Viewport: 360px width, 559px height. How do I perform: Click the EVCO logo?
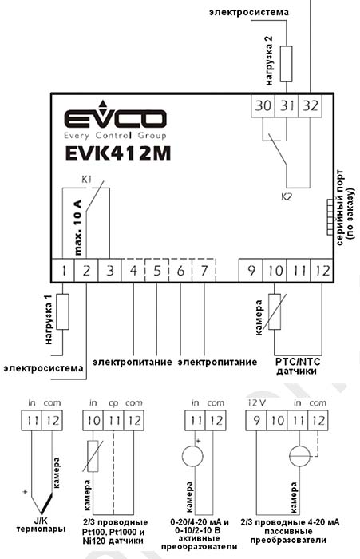(x=116, y=119)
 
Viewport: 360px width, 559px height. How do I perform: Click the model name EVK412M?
(x=118, y=153)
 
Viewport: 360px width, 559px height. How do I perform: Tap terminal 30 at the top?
(x=263, y=106)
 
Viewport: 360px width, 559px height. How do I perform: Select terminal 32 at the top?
(x=310, y=106)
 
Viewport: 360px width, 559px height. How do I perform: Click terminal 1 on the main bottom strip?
(x=63, y=271)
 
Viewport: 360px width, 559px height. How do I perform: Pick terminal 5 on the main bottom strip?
(x=156, y=271)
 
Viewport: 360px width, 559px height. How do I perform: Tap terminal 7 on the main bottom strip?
(x=204, y=271)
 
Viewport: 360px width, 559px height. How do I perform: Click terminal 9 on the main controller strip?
(x=251, y=271)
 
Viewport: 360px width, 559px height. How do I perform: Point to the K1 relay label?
(x=87, y=180)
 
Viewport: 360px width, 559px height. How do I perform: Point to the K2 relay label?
(x=287, y=196)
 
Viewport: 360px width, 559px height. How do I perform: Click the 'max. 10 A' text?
(x=78, y=228)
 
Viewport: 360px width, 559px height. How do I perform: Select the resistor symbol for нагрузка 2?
(x=287, y=64)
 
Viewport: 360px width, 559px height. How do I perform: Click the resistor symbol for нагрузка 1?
(x=63, y=311)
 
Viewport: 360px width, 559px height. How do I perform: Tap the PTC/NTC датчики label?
(x=298, y=367)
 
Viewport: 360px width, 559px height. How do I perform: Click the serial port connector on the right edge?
(x=330, y=217)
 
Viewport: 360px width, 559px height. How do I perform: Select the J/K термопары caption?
(x=42, y=525)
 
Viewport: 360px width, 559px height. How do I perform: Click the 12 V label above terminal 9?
(x=257, y=402)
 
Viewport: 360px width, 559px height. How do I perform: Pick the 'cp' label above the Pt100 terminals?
(x=113, y=403)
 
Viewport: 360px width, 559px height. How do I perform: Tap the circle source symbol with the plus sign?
(x=193, y=456)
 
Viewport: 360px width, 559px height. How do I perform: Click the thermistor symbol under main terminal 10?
(x=275, y=311)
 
